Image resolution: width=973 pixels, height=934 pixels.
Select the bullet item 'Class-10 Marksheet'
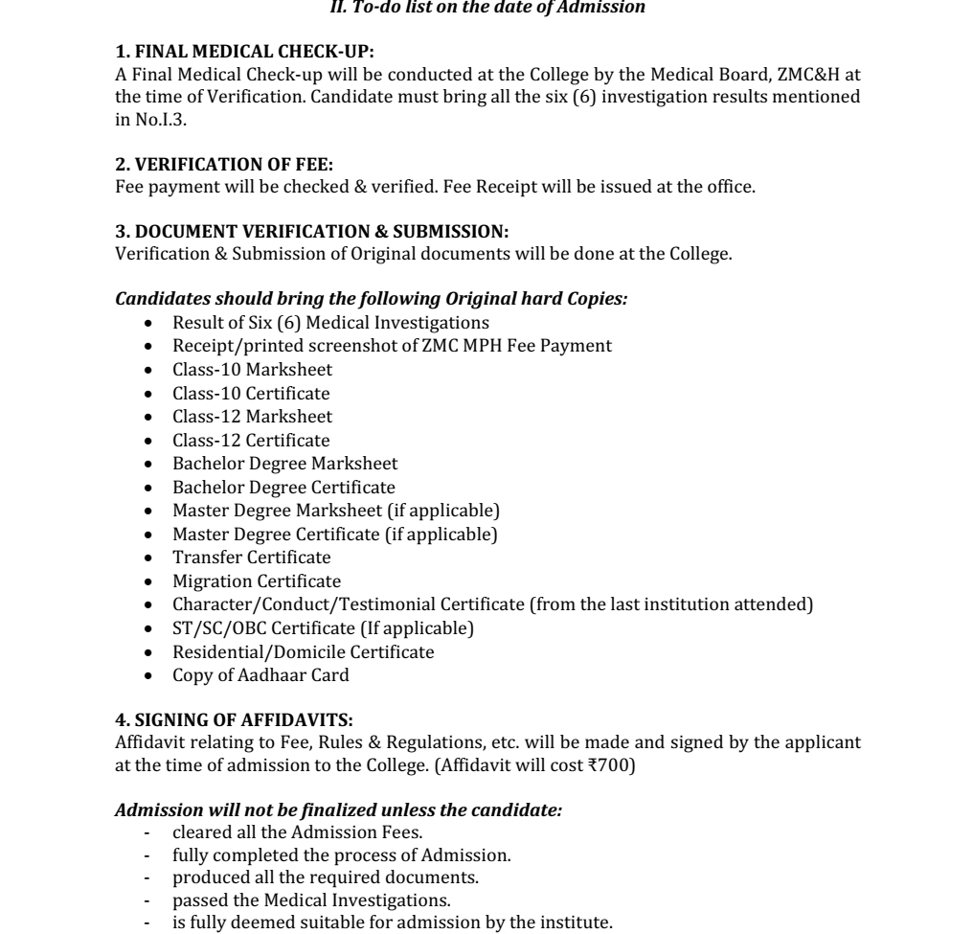(x=252, y=370)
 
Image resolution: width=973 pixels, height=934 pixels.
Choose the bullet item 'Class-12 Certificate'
(x=251, y=441)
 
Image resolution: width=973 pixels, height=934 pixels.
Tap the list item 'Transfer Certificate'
(x=251, y=558)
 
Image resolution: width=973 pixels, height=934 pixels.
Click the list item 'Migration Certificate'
(x=256, y=581)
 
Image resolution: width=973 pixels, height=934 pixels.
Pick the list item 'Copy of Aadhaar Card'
(x=260, y=674)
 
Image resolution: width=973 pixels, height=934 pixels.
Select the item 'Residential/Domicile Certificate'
(x=303, y=651)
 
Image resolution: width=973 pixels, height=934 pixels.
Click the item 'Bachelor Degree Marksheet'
(x=284, y=464)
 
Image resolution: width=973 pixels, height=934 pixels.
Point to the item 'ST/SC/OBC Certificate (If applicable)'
(x=323, y=627)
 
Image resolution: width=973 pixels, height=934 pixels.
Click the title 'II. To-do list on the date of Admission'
(x=486, y=8)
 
